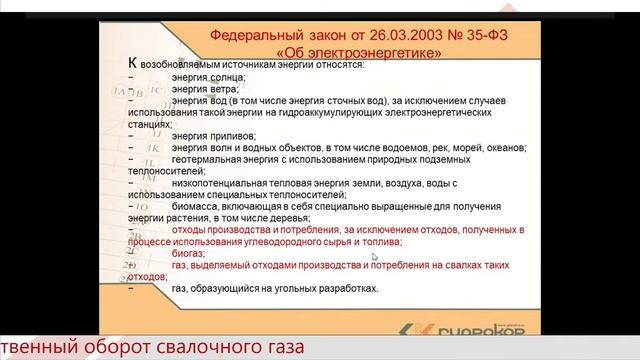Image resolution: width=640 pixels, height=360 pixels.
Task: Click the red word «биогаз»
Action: (187, 254)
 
